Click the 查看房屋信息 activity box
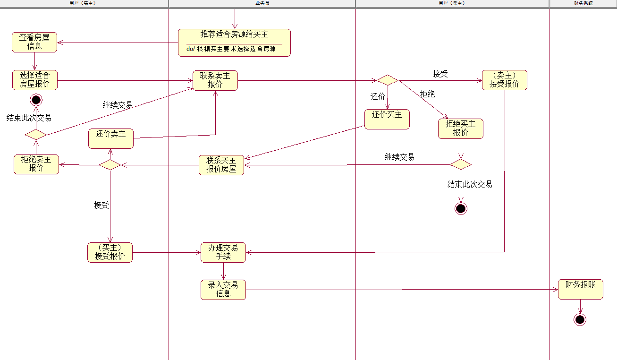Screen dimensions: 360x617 34,42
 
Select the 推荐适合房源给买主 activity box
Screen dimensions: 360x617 234,43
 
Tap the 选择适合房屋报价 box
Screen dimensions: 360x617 35,80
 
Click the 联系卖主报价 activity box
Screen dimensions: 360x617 215,80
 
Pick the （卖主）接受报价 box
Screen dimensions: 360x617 504,80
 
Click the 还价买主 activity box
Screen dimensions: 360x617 387,119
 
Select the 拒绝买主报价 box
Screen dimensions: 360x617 461,129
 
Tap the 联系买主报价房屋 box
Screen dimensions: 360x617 221,165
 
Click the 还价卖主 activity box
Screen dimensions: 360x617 111,138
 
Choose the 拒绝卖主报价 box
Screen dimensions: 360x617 36,164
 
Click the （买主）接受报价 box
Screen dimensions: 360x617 110,252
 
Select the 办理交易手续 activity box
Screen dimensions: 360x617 223,252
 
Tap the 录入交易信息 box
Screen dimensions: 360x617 223,290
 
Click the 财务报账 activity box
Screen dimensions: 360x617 580,289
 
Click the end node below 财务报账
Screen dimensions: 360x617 580,320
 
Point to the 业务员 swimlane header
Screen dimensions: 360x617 262,3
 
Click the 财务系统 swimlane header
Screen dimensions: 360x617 583,3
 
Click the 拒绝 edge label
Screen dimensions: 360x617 427,94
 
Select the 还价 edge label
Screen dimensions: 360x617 378,96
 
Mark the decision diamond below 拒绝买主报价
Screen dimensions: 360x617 461,164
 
